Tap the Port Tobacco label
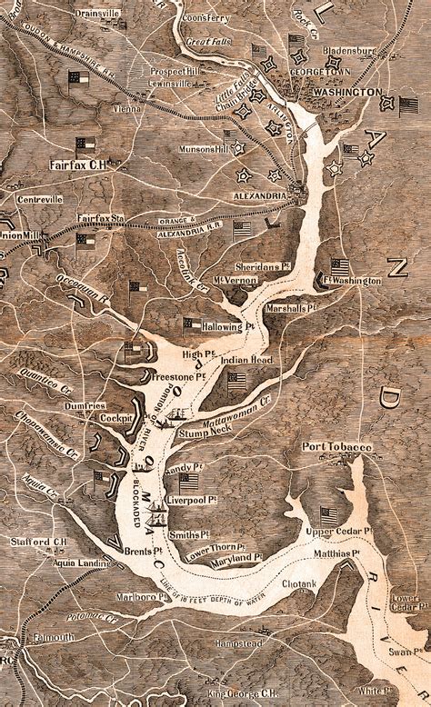tap(337, 447)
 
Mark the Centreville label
tap(38, 198)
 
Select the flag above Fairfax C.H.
tap(85, 144)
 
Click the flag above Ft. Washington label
tap(340, 266)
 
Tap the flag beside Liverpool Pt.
tap(188, 482)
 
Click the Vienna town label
tap(126, 108)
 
